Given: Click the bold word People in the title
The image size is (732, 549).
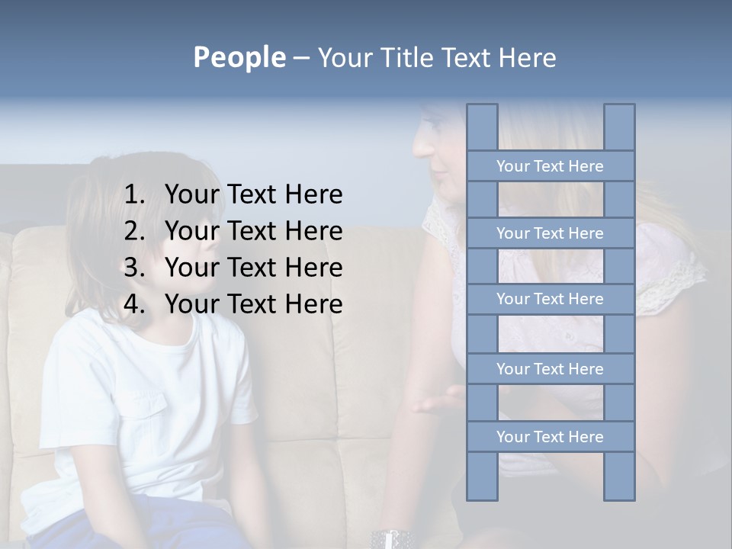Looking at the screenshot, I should point(239,57).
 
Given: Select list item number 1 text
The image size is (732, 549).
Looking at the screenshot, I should point(253,195).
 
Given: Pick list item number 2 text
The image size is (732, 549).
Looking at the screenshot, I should point(253,231).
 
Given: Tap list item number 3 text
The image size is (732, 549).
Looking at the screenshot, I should point(253,268).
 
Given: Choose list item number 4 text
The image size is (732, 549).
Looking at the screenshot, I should point(253,304).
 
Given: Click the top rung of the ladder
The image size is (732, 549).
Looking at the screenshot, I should point(550,166).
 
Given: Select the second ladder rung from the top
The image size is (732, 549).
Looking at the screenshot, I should point(550,233).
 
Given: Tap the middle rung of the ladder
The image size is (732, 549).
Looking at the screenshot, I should point(550,300).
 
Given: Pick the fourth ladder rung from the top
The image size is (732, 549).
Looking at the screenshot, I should point(550,369).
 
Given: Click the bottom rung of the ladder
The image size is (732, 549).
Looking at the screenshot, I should point(550,437).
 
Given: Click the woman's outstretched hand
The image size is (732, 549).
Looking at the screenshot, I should point(438,400).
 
